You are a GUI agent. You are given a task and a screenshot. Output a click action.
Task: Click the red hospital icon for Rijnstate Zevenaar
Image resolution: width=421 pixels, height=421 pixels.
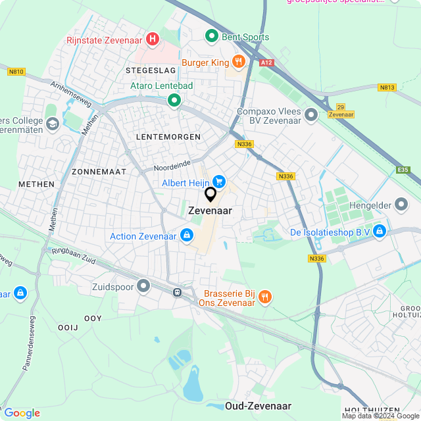point(153,39)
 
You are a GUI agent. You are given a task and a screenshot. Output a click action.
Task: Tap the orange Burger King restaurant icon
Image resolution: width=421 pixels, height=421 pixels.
point(237,62)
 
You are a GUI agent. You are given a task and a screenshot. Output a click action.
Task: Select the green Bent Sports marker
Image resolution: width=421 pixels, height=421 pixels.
point(212,36)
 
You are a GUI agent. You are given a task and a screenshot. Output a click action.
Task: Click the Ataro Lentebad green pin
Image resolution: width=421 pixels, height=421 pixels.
point(174,101)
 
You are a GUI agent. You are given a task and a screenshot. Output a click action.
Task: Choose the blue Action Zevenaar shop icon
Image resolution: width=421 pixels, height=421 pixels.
point(187,235)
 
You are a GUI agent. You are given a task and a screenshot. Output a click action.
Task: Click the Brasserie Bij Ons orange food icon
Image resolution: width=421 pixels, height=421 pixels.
point(264,296)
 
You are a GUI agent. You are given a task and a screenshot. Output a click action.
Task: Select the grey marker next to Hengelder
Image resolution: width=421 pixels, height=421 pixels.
point(401,205)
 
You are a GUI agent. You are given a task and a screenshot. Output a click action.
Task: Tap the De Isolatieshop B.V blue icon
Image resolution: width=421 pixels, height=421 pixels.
point(380,231)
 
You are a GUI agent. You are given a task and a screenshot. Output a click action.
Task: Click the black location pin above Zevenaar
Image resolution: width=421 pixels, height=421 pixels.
point(210,195)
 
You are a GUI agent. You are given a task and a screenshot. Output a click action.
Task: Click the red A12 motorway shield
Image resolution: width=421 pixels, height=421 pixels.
point(266,62)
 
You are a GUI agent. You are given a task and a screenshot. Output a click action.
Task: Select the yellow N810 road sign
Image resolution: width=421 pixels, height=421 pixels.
point(16,72)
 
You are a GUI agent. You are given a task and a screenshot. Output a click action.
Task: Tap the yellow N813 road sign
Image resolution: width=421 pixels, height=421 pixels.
point(387,87)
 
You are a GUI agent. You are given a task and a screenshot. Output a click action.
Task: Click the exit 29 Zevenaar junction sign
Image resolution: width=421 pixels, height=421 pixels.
point(341,110)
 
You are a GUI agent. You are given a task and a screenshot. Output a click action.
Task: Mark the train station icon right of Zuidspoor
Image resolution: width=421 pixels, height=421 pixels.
point(177,291)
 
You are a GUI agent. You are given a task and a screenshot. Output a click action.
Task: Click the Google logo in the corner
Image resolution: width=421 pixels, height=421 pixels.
point(22,412)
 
